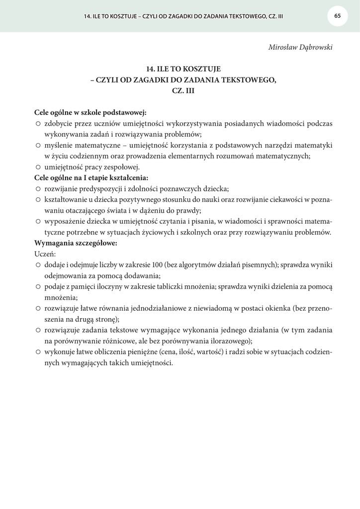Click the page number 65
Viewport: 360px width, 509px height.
pyautogui.click(x=338, y=15)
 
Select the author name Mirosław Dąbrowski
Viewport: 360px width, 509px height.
pyautogui.click(x=300, y=47)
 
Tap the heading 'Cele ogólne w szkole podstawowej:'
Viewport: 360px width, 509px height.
pyautogui.click(x=90, y=112)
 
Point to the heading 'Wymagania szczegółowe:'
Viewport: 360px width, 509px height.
pyautogui.click(x=76, y=244)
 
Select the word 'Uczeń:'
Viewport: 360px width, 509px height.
pyautogui.click(x=45, y=254)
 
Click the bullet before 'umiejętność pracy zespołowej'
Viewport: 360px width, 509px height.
pyautogui.click(x=38, y=167)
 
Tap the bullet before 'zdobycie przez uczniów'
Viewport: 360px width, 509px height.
pyautogui.click(x=38, y=123)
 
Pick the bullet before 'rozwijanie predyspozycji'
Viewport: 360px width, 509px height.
pyautogui.click(x=38, y=189)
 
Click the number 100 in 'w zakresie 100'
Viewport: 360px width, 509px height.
pyautogui.click(x=159, y=265)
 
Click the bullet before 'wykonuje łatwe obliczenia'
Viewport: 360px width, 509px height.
pyautogui.click(x=38, y=352)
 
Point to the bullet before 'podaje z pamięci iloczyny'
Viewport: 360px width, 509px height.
pyautogui.click(x=38, y=287)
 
